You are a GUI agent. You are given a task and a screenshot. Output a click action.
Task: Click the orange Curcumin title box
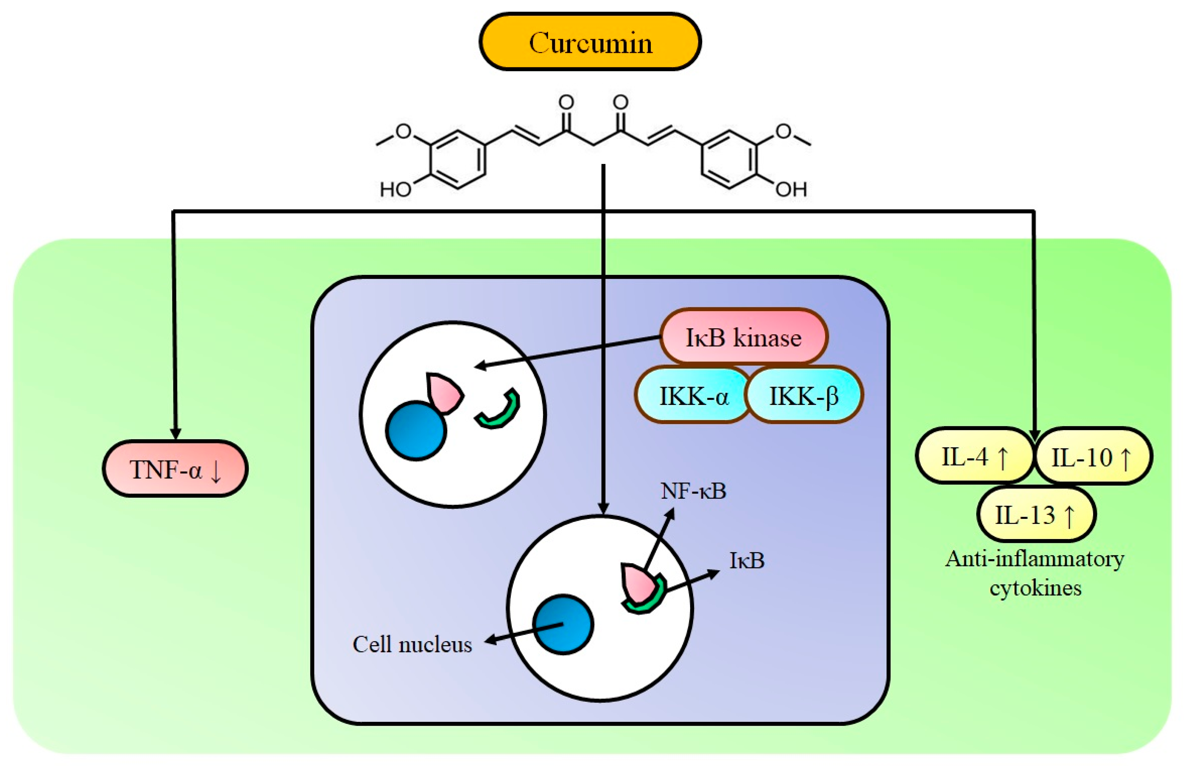[590, 42]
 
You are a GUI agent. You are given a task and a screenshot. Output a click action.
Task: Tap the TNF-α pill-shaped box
[175, 469]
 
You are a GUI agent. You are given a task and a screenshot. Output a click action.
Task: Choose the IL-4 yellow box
[974, 456]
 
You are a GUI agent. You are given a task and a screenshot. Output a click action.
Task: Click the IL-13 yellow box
[1036, 515]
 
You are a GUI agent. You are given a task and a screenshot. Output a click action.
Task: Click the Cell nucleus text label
[412, 645]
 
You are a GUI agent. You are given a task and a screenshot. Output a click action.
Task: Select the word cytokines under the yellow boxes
[1035, 588]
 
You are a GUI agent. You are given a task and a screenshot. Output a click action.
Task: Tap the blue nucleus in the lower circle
[563, 624]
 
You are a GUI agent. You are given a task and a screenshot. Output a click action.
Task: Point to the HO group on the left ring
[395, 189]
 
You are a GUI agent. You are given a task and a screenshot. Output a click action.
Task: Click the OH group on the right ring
[791, 189]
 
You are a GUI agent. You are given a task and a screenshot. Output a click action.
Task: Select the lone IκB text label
[747, 561]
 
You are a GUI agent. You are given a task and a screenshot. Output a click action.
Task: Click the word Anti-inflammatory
[1034, 559]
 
